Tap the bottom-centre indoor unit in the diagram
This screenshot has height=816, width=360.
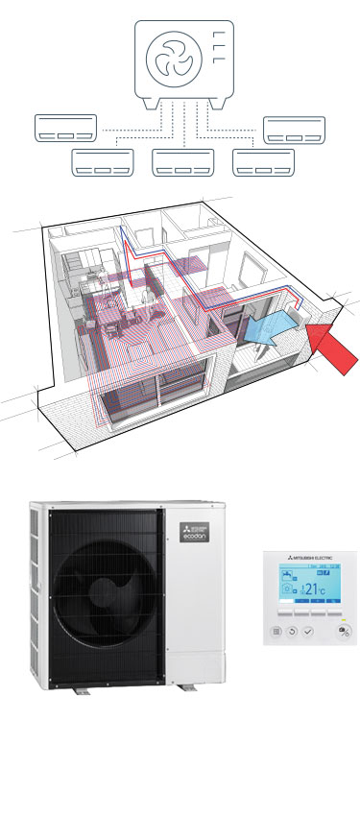(x=180, y=162)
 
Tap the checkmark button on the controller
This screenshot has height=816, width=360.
(x=307, y=632)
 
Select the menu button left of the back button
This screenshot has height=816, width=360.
(x=278, y=632)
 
